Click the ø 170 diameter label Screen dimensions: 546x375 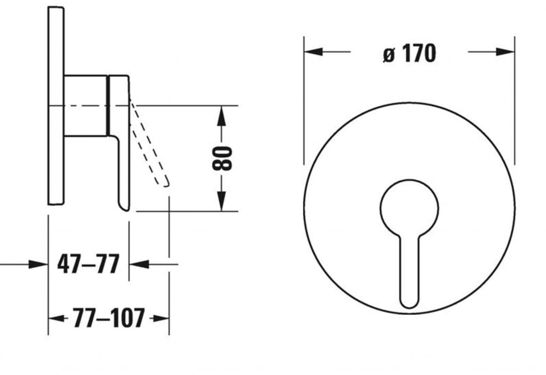tap(409, 53)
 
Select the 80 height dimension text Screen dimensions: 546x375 tap(222, 158)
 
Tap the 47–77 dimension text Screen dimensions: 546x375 tap(88, 264)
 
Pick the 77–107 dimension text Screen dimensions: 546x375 tap(109, 318)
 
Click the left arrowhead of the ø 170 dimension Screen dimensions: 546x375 tap(312, 52)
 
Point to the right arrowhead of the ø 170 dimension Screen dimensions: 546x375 tap(506, 52)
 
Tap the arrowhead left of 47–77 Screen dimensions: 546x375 tap(39, 264)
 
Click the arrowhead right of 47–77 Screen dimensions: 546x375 tap(138, 264)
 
